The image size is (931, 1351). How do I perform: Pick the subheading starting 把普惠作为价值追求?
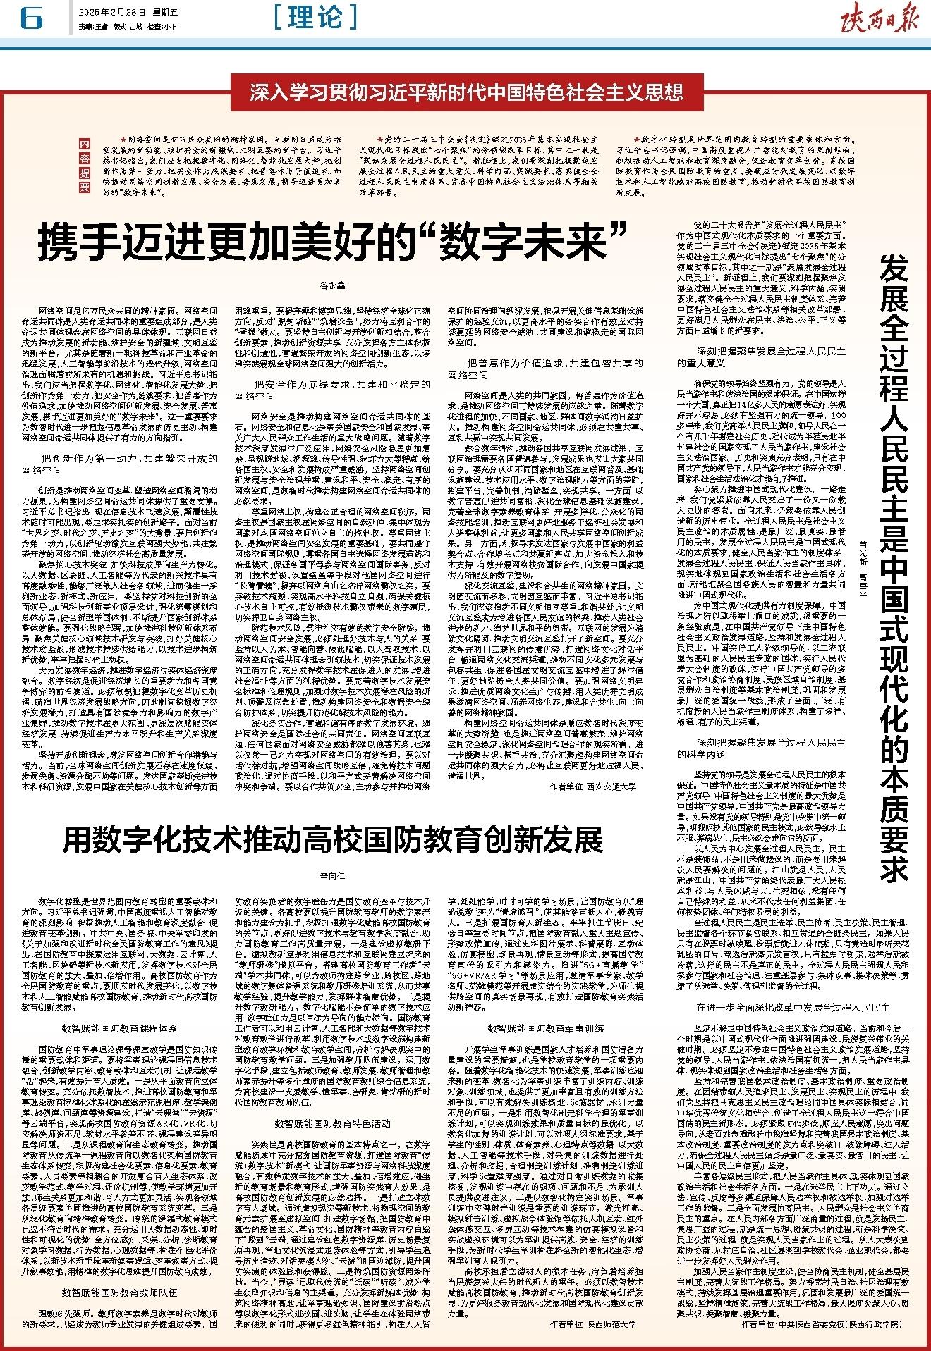(x=547, y=369)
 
